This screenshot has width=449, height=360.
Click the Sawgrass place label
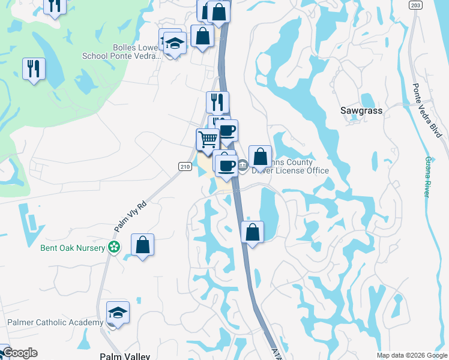pos(361,110)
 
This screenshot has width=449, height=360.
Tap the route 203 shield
pos(415,5)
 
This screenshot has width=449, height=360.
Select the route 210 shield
pos(184,166)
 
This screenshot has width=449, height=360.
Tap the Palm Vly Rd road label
pos(130,217)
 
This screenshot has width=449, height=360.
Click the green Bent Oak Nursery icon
pos(113,247)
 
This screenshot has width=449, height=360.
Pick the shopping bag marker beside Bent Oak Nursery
pos(142,245)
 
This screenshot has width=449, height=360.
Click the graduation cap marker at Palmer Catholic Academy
pos(118,313)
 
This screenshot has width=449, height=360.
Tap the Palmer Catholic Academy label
pos(55,323)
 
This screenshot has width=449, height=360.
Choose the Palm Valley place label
pos(125,356)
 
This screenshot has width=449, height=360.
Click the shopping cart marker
pos(208,139)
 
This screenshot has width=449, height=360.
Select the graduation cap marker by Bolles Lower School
pos(175,43)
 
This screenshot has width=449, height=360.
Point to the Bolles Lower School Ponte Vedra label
pos(122,52)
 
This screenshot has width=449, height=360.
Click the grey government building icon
pos(243,166)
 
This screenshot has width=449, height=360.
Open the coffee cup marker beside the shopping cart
pos(226,131)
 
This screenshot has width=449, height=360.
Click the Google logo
pos(19,353)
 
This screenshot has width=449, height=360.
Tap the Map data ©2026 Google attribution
pos(411,355)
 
